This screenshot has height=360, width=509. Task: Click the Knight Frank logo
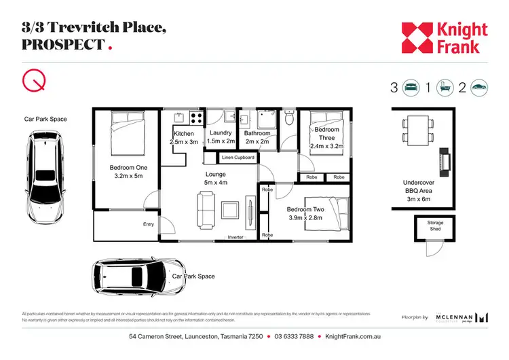(x=444, y=38)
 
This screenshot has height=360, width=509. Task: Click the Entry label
(x=149, y=224)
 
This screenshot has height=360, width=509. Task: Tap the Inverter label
(x=235, y=237)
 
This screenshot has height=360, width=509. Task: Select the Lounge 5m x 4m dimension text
(x=216, y=178)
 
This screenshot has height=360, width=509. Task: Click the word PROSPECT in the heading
(x=64, y=45)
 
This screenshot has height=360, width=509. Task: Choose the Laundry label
(x=221, y=137)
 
